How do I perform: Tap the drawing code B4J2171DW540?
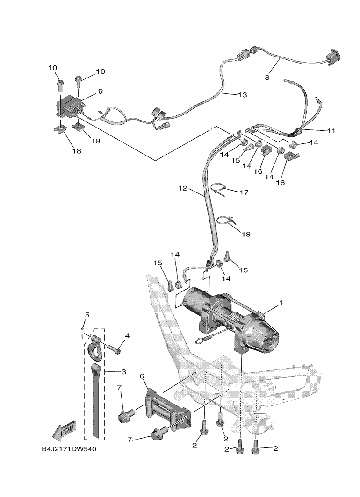click(69, 449)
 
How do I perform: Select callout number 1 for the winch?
click(281, 303)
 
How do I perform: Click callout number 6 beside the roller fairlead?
click(142, 376)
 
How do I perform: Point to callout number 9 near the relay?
click(100, 91)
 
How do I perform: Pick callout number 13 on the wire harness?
click(242, 95)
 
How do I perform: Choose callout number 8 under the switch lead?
click(267, 78)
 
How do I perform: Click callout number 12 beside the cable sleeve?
click(183, 188)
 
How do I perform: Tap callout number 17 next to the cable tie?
click(244, 192)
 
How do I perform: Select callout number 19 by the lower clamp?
click(246, 234)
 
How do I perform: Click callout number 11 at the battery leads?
click(331, 131)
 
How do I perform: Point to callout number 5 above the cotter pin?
click(87, 315)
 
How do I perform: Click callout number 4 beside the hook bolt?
click(127, 335)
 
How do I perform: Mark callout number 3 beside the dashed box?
click(124, 371)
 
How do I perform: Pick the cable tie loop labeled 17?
click(223, 190)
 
